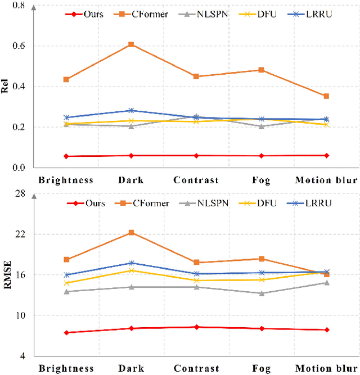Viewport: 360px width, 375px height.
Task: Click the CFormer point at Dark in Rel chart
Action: pyautogui.click(x=131, y=44)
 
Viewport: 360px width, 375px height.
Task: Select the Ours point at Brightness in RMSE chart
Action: pyautogui.click(x=66, y=333)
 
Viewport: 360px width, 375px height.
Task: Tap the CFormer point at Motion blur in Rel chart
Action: pyautogui.click(x=326, y=96)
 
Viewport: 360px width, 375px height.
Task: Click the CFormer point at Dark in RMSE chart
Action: pyautogui.click(x=131, y=232)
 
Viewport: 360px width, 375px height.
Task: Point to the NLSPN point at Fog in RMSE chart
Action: pyautogui.click(x=261, y=293)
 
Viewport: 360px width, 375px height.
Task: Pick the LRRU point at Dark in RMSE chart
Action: pyautogui.click(x=131, y=263)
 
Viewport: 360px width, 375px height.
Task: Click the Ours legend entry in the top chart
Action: pyautogui.click(x=84, y=13)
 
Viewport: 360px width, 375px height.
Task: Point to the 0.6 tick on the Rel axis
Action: pyautogui.click(x=19, y=46)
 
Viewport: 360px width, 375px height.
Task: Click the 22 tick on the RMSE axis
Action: pyautogui.click(x=20, y=234)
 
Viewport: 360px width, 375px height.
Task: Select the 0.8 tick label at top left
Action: pyautogui.click(x=19, y=6)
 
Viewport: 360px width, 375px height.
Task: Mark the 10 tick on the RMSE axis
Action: pyautogui.click(x=20, y=316)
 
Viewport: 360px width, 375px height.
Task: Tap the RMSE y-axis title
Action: pyautogui.click(x=7, y=274)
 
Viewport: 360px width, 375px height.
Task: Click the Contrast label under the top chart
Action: pyautogui.click(x=196, y=180)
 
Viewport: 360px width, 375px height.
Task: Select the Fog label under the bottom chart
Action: pyautogui.click(x=261, y=369)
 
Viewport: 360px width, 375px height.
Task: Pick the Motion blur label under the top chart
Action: pyautogui.click(x=326, y=180)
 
